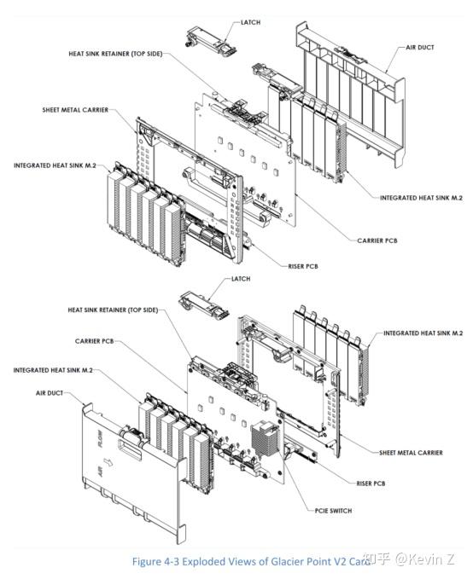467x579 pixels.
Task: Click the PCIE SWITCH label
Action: pos(333,511)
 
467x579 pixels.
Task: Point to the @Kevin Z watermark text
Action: pos(425,559)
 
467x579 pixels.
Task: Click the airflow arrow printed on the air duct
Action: pos(108,462)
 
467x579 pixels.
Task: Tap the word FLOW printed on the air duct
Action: pos(100,439)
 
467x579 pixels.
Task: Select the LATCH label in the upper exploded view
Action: pos(250,22)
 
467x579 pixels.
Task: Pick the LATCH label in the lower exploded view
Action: pos(241,279)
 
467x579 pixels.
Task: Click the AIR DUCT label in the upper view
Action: pos(420,47)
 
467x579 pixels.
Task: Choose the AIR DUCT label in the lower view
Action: pos(50,393)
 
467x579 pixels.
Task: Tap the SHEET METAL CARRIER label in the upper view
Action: pos(75,110)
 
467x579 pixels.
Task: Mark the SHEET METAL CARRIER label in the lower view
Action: pos(411,452)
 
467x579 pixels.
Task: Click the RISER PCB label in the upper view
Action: pos(303,266)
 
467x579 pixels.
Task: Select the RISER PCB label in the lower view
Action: pos(371,483)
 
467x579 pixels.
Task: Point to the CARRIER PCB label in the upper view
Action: pos(377,240)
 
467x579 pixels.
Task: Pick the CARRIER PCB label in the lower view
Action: pos(94,341)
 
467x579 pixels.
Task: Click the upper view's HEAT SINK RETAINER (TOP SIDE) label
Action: pos(115,54)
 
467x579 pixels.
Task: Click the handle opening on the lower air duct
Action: pos(130,449)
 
